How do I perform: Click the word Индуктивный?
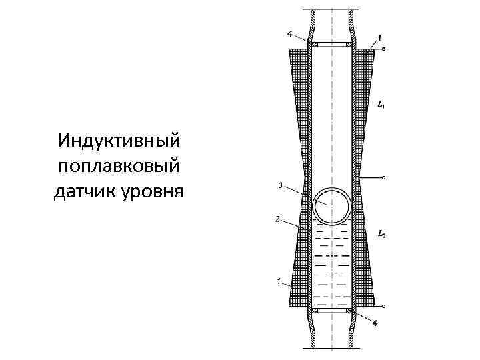coord(120,141)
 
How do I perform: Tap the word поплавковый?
coord(120,167)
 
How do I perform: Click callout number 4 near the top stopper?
coord(289,33)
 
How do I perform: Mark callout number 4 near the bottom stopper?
coord(376,323)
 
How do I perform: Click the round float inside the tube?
coord(332,205)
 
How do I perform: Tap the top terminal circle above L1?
coord(385,49)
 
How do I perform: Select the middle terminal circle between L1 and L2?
coord(385,177)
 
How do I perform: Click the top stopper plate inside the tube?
coord(333,45)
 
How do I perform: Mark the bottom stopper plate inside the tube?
coord(333,311)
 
